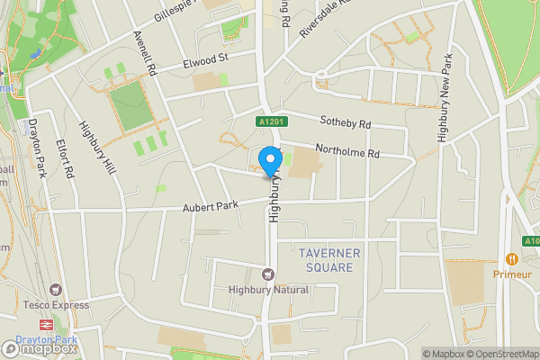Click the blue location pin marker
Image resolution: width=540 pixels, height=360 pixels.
[269, 162]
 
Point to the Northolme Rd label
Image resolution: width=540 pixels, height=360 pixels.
[346, 152]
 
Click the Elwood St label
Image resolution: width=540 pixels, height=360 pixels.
[206, 62]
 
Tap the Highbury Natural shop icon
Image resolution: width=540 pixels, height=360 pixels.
[267, 274]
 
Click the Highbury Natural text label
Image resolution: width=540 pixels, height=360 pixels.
[268, 290]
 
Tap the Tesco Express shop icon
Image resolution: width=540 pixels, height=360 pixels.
[56, 290]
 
